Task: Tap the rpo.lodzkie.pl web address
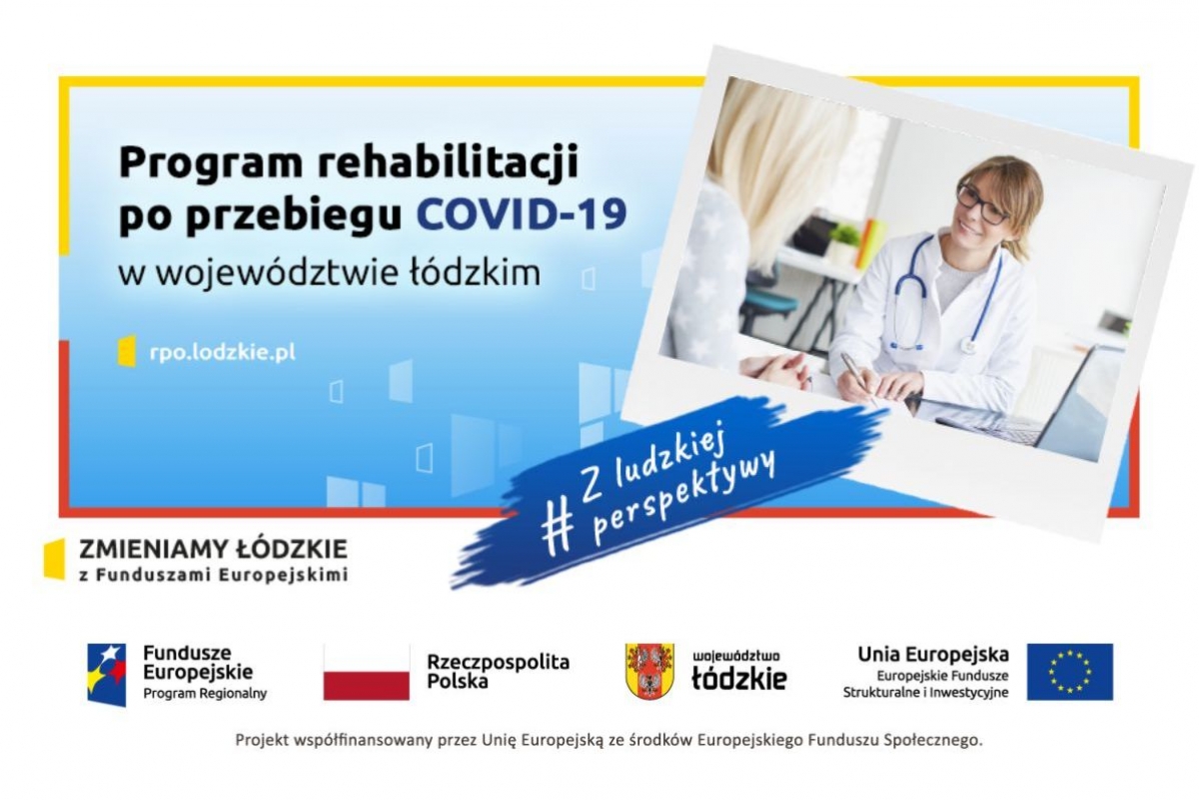point(223,353)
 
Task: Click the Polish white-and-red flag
point(366,672)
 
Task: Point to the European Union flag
point(1069,672)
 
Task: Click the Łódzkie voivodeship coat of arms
point(649,671)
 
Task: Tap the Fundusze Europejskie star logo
point(107,674)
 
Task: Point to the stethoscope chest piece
point(967,346)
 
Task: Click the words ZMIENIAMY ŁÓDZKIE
point(213,549)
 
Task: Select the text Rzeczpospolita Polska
point(498,671)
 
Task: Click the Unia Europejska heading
point(933,654)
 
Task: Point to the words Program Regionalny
point(205,693)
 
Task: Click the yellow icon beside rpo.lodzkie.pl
point(126,351)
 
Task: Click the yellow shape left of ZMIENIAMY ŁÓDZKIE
point(54,559)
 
